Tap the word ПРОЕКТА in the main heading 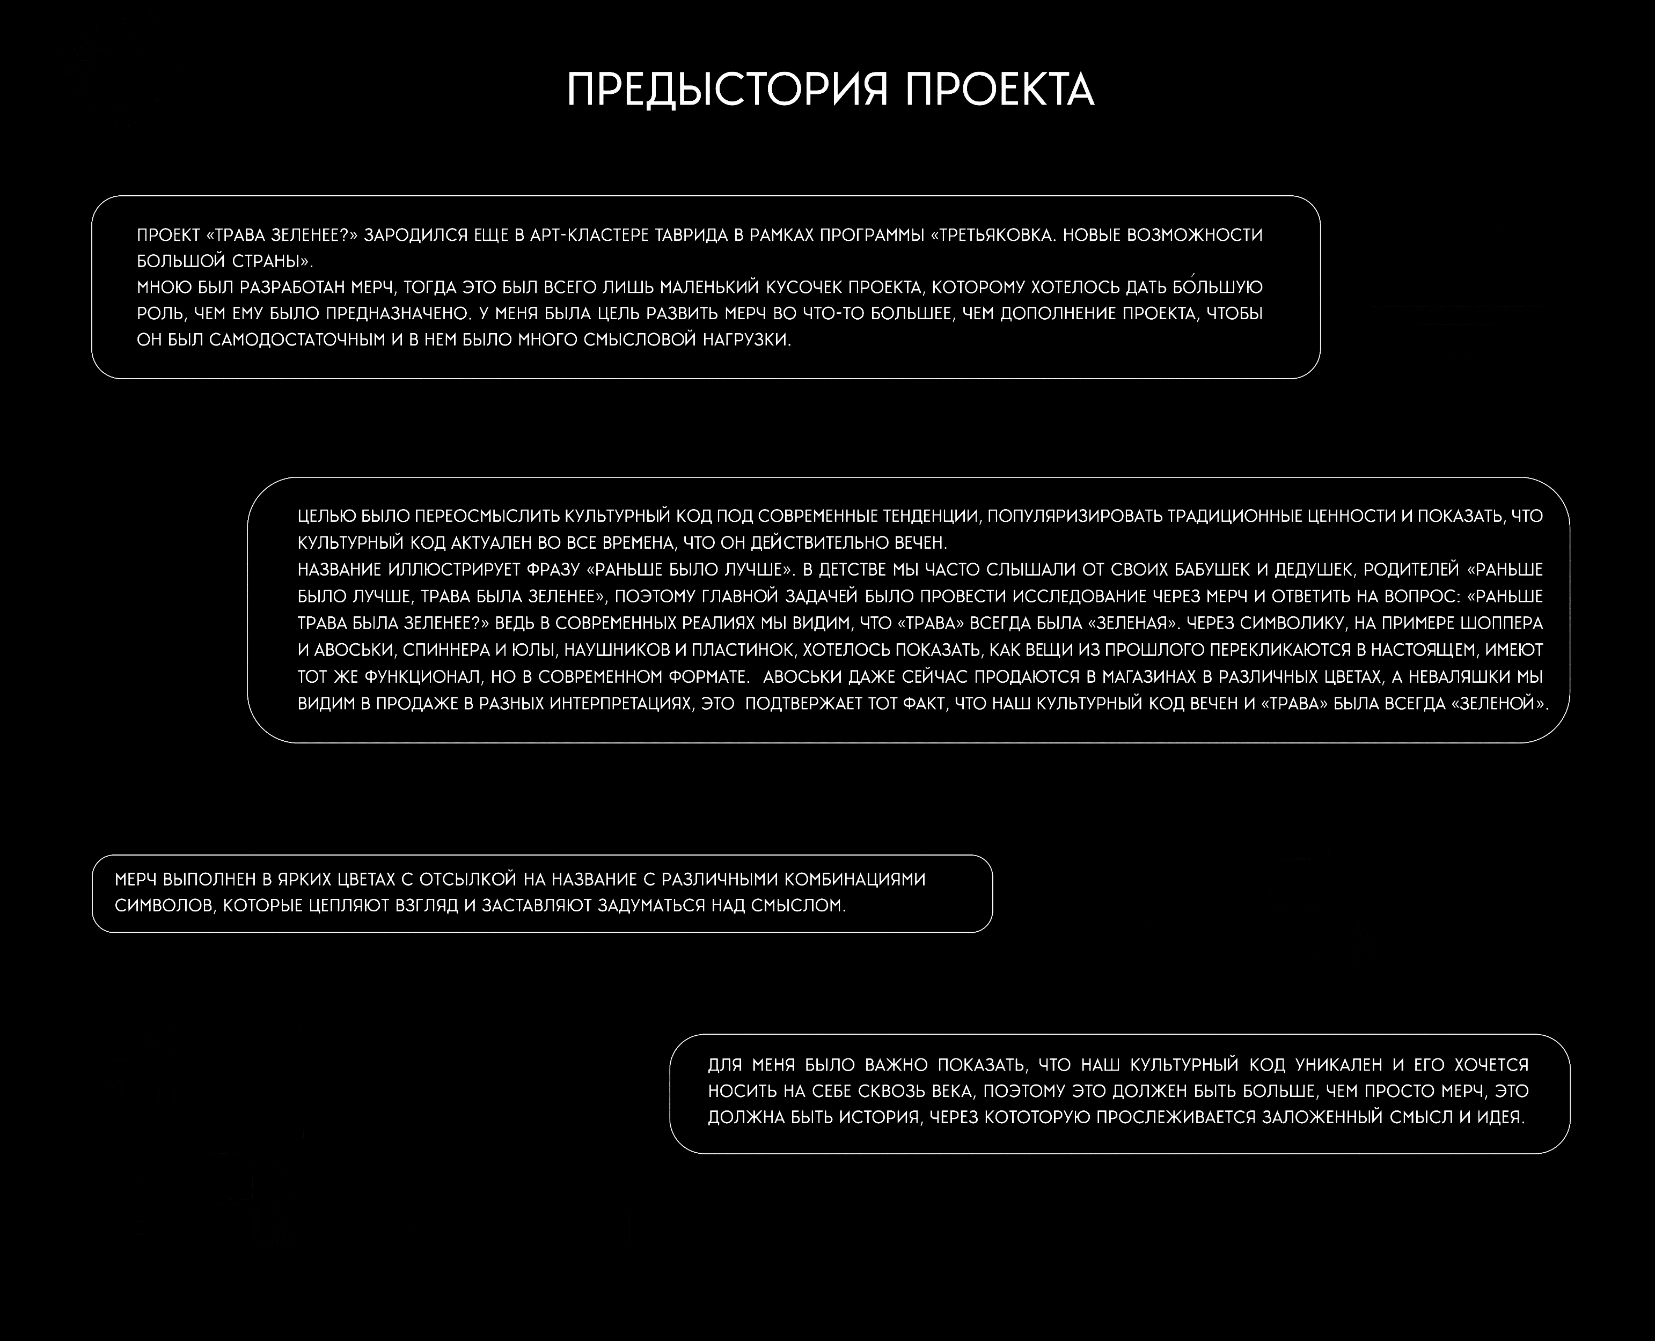(1000, 90)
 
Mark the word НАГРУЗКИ (746, 340)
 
